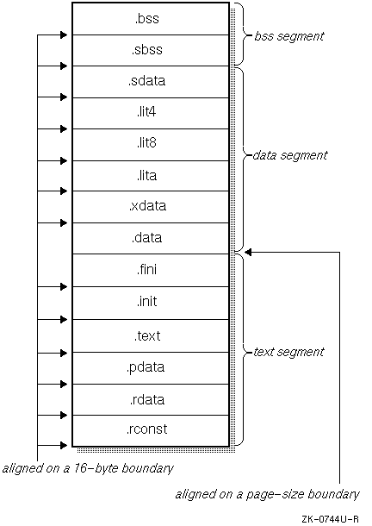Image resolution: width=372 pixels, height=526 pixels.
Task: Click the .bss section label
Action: click(146, 19)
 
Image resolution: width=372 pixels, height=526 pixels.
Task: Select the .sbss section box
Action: click(151, 50)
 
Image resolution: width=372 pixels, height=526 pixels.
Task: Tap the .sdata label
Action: click(146, 81)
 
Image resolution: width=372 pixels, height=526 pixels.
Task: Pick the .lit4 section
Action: click(151, 113)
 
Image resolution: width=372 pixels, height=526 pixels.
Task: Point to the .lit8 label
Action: click(146, 143)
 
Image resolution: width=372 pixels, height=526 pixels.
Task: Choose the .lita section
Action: click(151, 176)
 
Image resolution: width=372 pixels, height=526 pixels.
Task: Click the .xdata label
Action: click(147, 205)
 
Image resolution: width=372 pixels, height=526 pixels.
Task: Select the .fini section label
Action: click(146, 269)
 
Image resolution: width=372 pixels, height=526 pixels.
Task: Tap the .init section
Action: click(151, 304)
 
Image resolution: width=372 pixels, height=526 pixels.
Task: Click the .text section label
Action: click(147, 335)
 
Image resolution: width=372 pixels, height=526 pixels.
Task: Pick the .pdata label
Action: click(146, 367)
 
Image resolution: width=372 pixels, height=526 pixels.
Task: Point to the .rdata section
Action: click(151, 400)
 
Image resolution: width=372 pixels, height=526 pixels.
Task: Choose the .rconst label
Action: click(146, 429)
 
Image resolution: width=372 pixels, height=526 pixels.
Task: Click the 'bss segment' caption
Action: click(288, 36)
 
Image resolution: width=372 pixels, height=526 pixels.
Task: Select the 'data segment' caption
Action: click(290, 155)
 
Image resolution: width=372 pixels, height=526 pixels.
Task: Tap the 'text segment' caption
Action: click(288, 352)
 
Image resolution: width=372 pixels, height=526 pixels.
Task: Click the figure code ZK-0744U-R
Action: click(330, 519)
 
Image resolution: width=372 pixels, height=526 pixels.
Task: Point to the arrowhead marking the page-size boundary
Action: click(248, 253)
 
